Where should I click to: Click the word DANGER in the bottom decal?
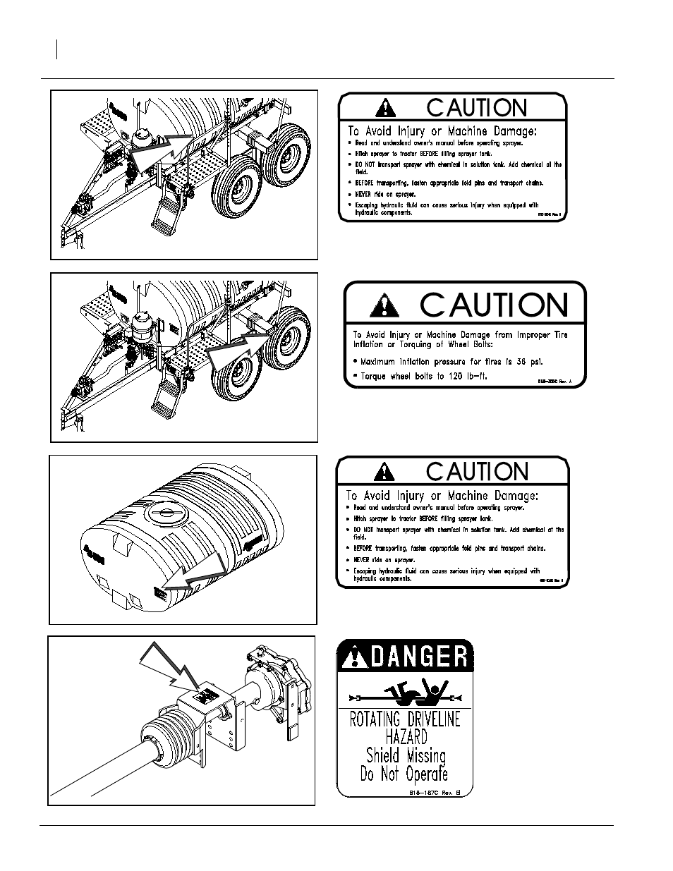(416, 657)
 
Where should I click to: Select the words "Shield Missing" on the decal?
(406, 755)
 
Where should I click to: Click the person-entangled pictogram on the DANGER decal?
(405, 695)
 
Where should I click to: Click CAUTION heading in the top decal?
(477, 108)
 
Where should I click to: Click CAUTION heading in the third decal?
(477, 471)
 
